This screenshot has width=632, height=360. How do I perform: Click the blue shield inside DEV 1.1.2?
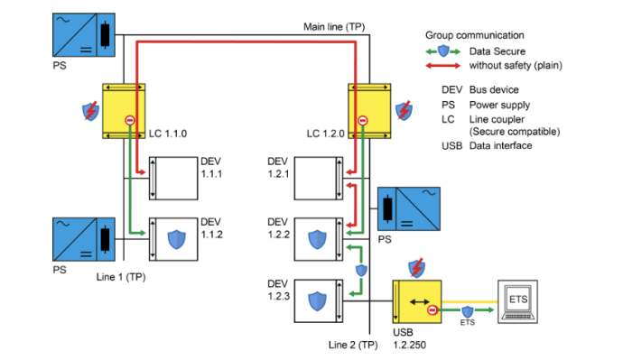tap(178, 238)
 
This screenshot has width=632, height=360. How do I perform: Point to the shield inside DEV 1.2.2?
tap(316, 239)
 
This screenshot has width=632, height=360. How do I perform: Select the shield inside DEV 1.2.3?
tap(316, 300)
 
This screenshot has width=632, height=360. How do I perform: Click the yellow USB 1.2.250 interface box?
tap(416, 303)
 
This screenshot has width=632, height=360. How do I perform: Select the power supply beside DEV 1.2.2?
tap(407, 209)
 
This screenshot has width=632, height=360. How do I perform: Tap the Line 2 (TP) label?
tap(353, 345)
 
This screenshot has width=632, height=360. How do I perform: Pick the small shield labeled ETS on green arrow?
tap(467, 311)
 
